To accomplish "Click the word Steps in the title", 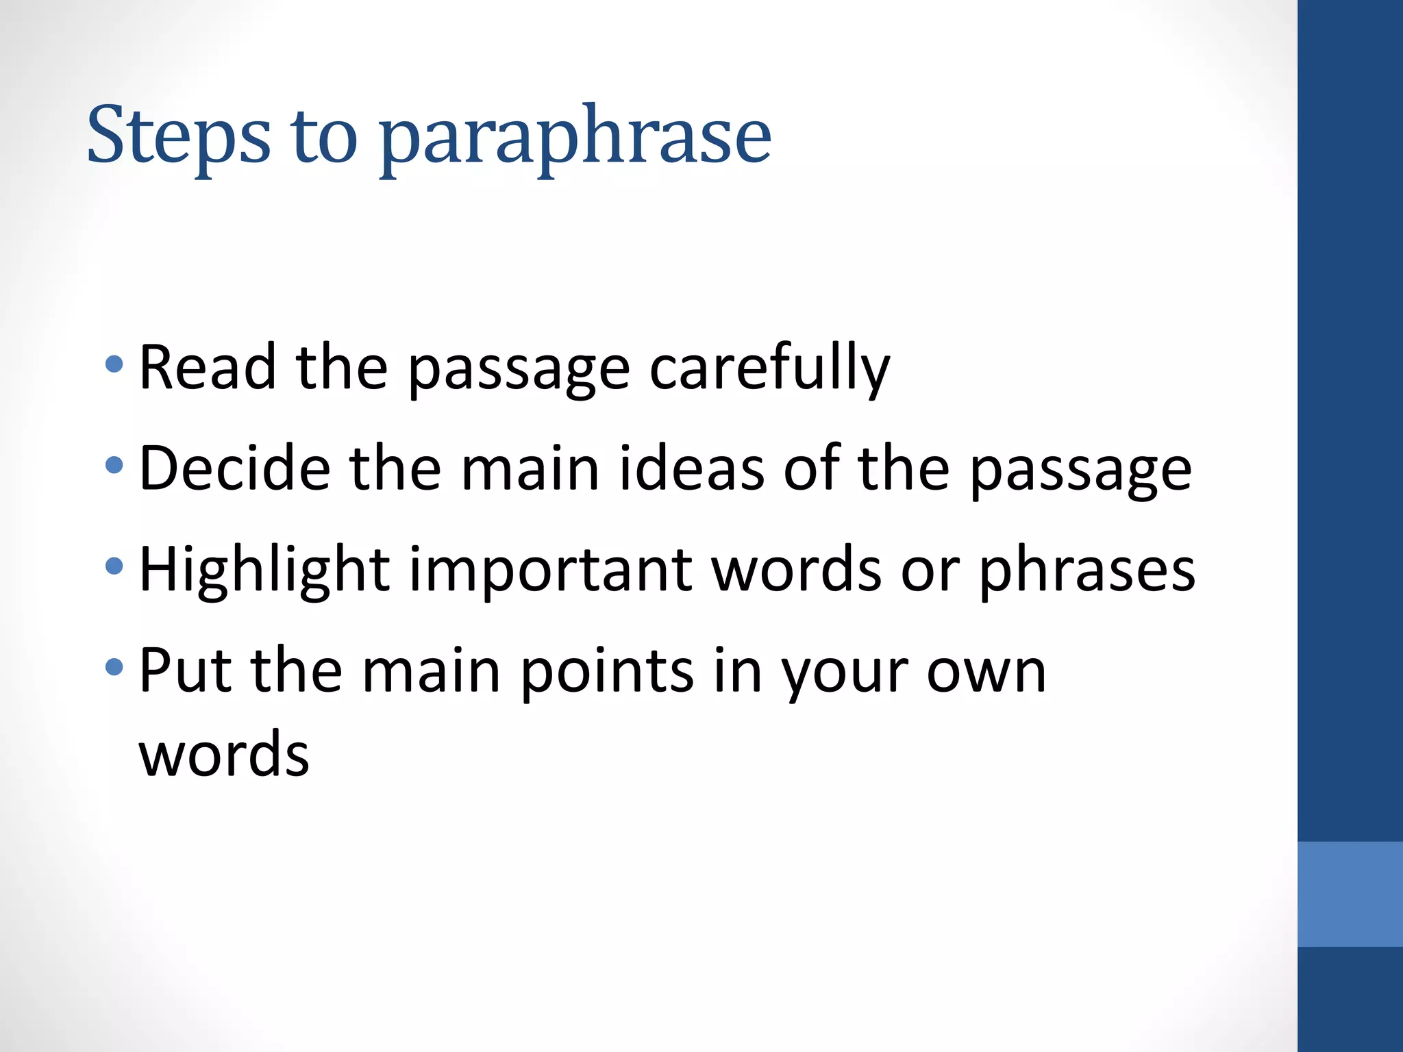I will (179, 136).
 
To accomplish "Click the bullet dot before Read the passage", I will (114, 364).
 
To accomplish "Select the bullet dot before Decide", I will (114, 466).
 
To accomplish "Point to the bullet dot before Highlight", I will (114, 566).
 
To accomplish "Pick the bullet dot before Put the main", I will (114, 666).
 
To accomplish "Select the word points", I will (607, 671).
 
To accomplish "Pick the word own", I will (986, 671).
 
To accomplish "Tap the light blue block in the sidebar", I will (1350, 894).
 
